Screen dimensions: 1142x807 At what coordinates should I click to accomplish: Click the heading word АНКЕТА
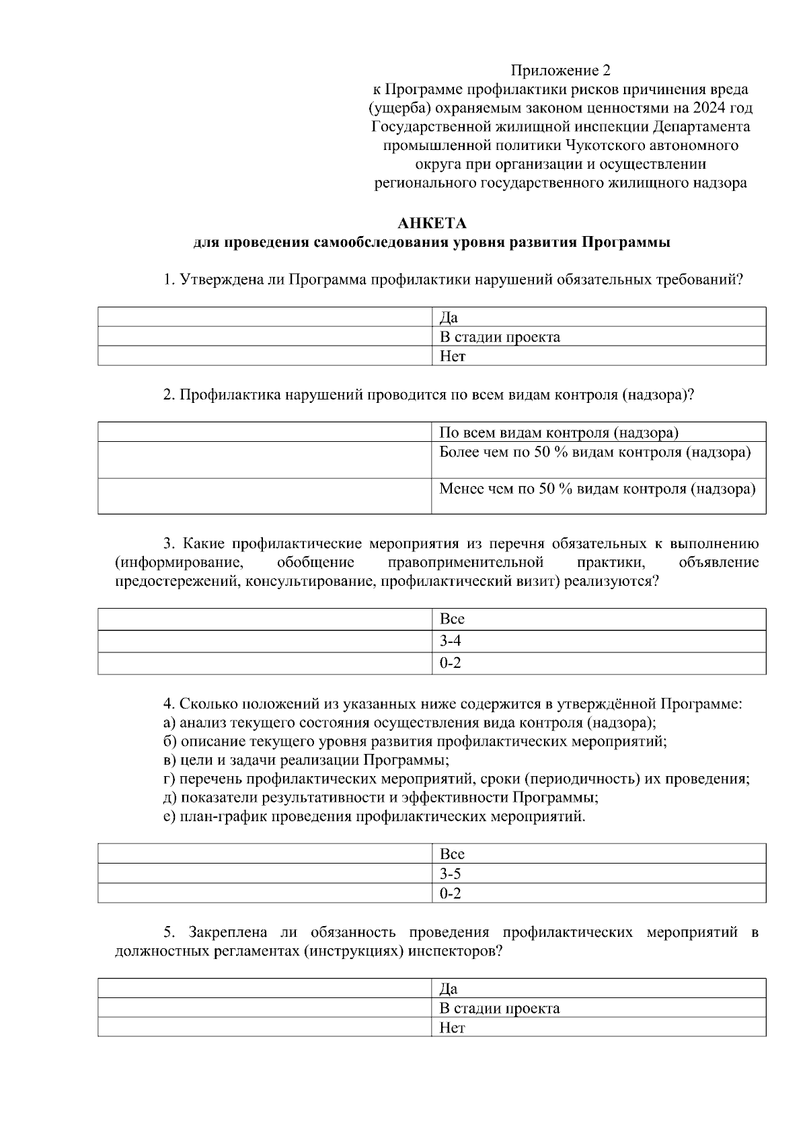[x=432, y=223]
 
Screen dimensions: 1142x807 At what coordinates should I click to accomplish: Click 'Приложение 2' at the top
[x=561, y=70]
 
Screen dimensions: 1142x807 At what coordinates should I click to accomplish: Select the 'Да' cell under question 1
[x=599, y=317]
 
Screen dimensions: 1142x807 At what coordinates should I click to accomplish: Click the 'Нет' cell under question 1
[x=599, y=356]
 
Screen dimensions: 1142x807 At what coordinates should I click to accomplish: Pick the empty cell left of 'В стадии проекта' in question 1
[x=265, y=337]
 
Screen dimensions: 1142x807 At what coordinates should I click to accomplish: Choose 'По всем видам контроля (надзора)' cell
[x=599, y=432]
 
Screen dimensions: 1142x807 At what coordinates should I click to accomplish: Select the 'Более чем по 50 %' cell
[x=599, y=459]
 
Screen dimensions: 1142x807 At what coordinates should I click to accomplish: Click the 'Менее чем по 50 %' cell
[x=599, y=496]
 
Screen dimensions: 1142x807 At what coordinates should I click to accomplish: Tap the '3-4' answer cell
[x=599, y=642]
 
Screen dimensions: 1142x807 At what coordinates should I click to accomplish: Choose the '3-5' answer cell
[x=599, y=874]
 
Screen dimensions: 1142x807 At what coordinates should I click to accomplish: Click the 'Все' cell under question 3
[x=599, y=619]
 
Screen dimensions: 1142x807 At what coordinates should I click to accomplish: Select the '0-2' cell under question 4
[x=599, y=893]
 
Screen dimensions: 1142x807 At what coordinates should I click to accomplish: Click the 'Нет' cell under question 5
[x=599, y=1027]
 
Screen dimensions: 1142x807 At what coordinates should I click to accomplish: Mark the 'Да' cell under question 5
[x=599, y=988]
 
